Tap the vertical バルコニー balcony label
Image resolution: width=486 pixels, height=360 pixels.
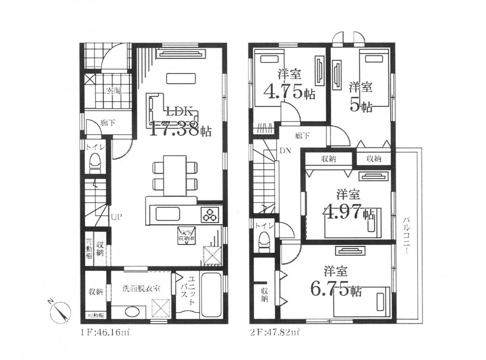point(407,236)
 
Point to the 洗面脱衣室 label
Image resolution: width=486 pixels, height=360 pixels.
point(141,288)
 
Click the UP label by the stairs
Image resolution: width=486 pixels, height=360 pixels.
point(116,217)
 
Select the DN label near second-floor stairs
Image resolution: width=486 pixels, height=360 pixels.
point(285,151)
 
